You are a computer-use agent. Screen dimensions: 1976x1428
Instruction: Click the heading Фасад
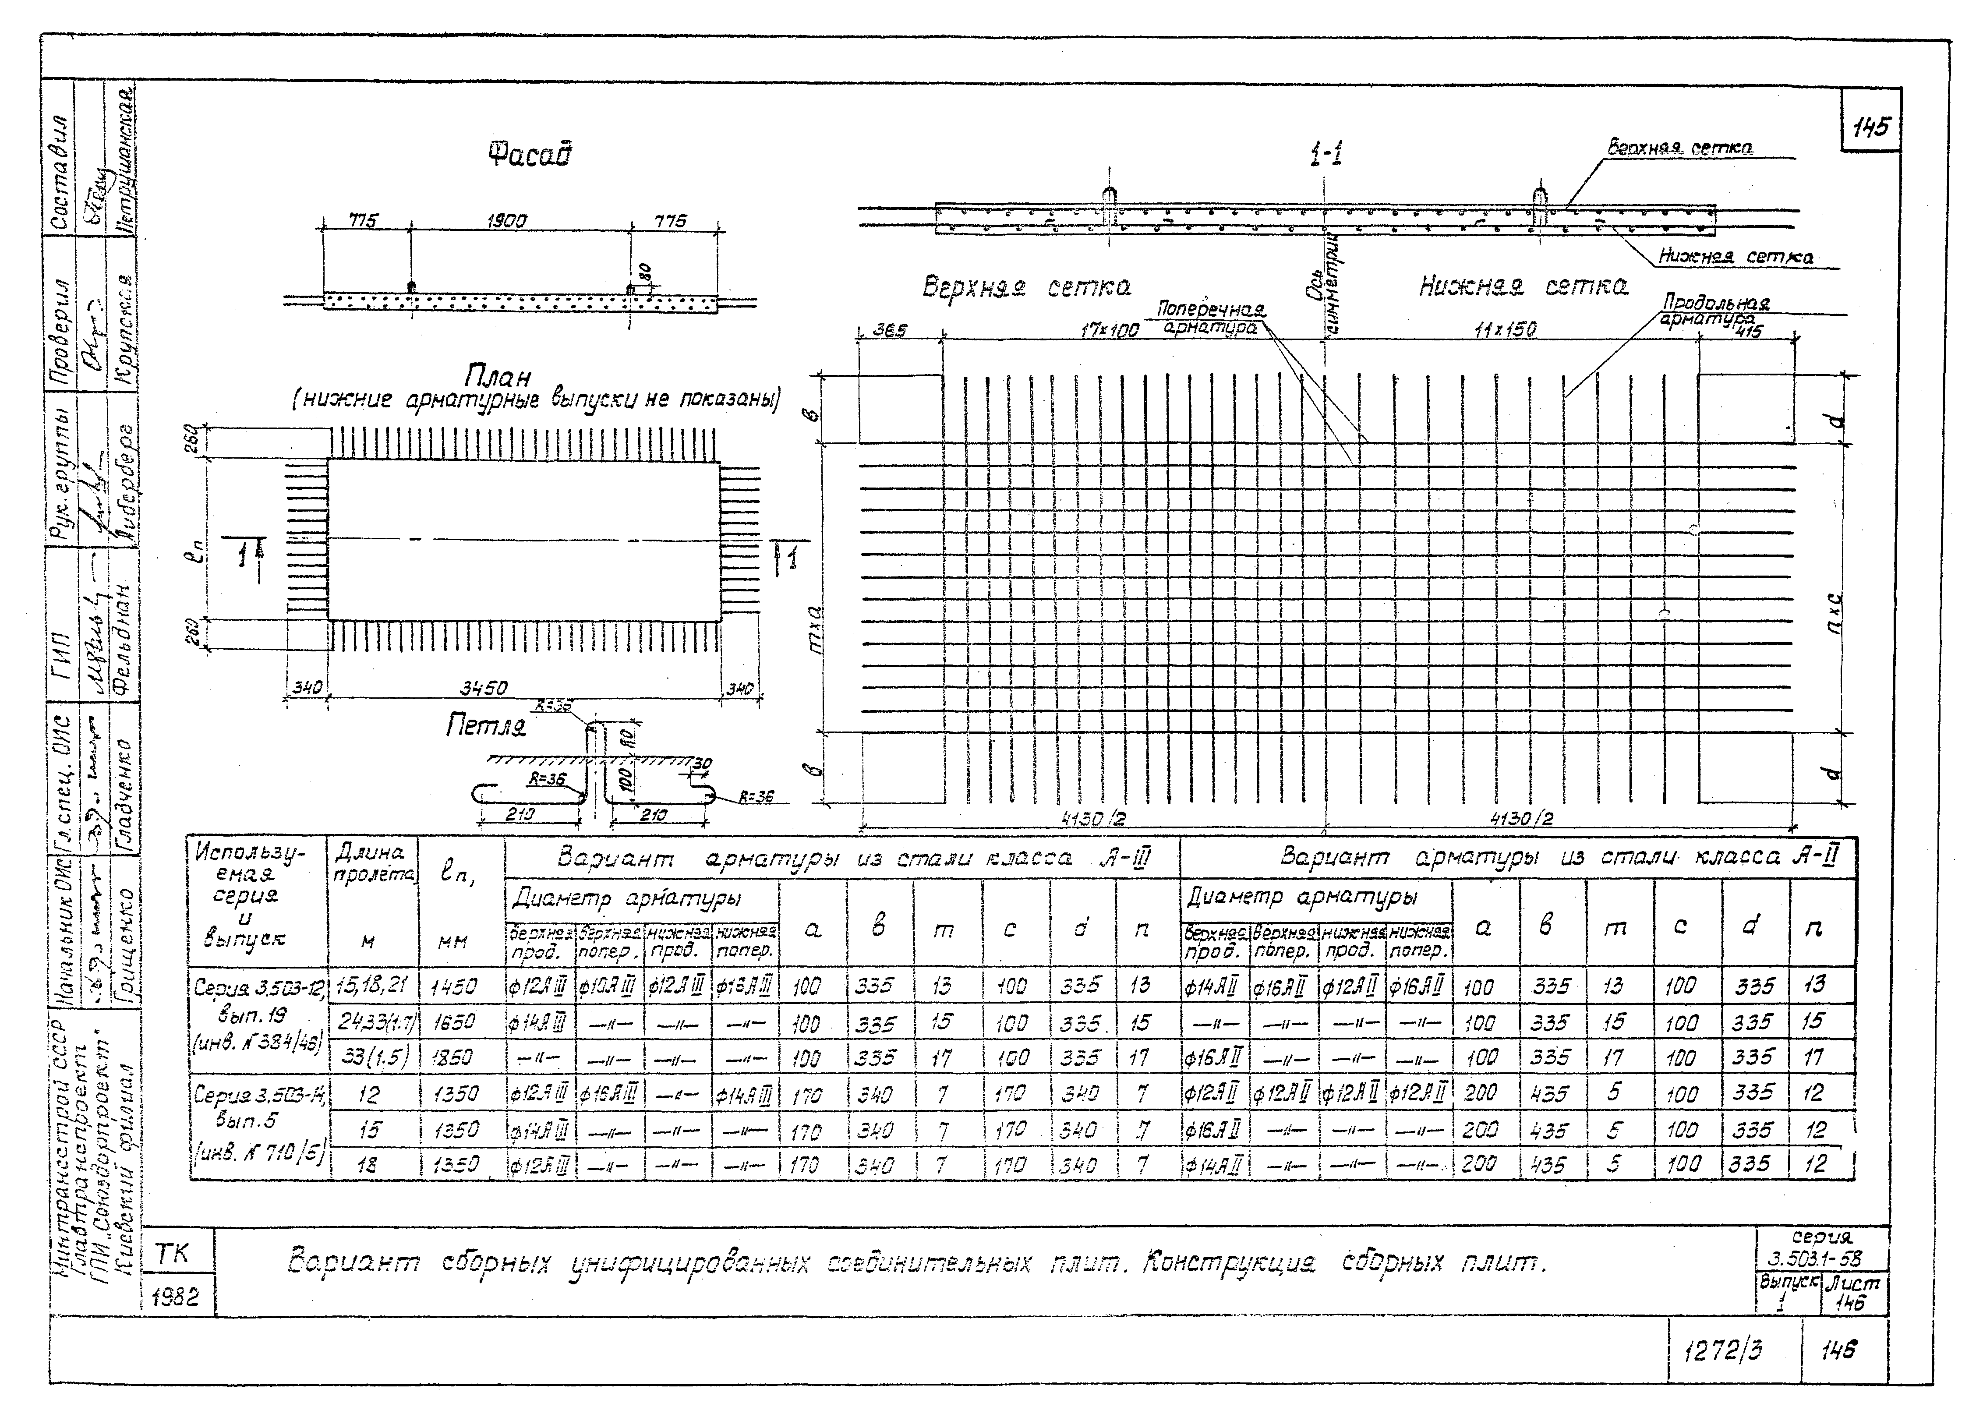point(530,155)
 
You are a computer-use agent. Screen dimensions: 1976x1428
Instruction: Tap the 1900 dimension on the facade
point(506,221)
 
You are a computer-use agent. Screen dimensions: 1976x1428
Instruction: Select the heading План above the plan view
point(497,376)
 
